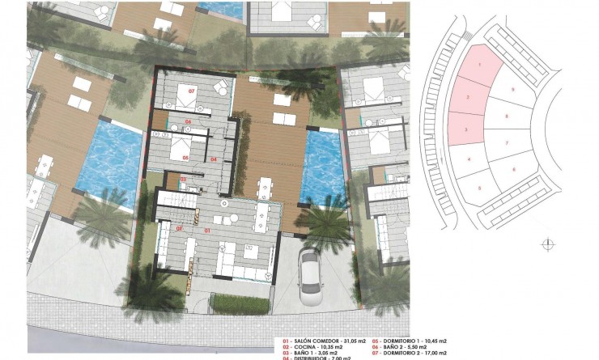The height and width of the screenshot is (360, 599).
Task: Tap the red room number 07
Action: coord(192,91)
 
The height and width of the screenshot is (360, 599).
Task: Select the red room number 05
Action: coord(185,157)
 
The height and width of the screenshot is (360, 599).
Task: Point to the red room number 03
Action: coord(183,179)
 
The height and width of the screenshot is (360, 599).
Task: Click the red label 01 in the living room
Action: coord(207,231)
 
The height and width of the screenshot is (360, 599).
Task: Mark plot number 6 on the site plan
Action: coord(515,169)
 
